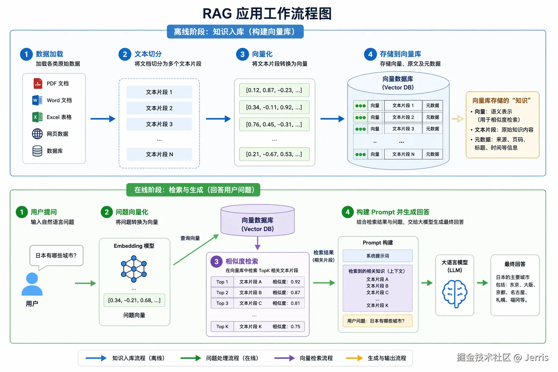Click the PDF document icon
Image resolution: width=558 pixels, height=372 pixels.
point(38,84)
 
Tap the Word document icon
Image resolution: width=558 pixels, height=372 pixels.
point(37,100)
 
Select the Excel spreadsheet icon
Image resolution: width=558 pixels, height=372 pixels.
point(37,117)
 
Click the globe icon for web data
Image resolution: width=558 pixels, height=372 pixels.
point(37,134)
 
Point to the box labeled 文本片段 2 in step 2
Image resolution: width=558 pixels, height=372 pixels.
point(159,108)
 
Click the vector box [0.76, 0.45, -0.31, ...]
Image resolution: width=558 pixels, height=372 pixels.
point(274,124)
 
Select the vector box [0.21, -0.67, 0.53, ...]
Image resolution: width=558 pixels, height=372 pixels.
point(274,154)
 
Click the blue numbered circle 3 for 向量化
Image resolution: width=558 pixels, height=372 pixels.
point(242,54)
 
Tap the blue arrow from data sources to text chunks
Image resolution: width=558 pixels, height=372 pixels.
point(103,118)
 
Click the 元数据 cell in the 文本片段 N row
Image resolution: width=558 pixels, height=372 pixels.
point(432,154)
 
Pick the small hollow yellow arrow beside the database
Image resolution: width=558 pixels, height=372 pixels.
point(458,119)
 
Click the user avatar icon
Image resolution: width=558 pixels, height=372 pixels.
point(32,284)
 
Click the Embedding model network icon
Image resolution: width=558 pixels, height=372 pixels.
point(134,269)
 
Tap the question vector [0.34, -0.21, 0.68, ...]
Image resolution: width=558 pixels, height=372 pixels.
point(134,300)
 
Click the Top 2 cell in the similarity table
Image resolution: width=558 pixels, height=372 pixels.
point(222,292)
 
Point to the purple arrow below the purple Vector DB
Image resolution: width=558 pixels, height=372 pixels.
point(258,243)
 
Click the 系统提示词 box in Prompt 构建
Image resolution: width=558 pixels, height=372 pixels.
point(377,256)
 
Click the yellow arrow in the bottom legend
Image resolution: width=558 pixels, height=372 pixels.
point(354,358)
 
